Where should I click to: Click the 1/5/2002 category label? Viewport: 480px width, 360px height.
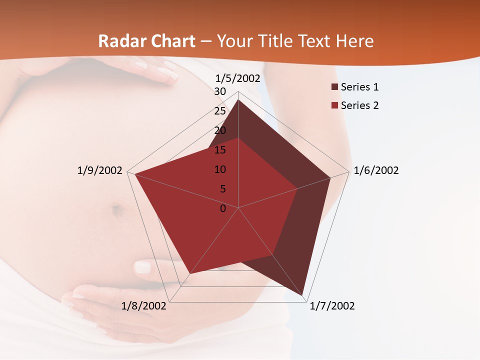click(237, 78)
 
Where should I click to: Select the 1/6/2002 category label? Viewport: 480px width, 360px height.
click(376, 170)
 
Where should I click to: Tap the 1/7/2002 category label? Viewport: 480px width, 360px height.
click(332, 306)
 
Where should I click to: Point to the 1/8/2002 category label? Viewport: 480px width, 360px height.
click(144, 306)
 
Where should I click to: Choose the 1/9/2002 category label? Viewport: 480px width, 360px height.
click(99, 170)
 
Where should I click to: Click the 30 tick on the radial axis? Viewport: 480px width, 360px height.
click(220, 91)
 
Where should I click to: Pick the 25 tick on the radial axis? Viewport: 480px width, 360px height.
click(220, 111)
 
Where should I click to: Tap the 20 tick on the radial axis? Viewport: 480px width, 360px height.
click(220, 130)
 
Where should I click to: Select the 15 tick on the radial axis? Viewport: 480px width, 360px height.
click(220, 150)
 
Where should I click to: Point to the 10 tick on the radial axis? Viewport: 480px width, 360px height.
click(220, 169)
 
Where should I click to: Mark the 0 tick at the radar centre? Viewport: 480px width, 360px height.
click(223, 208)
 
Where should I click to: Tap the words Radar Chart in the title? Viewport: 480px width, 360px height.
click(146, 41)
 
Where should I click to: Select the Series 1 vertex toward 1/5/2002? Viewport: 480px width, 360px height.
click(238, 99)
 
